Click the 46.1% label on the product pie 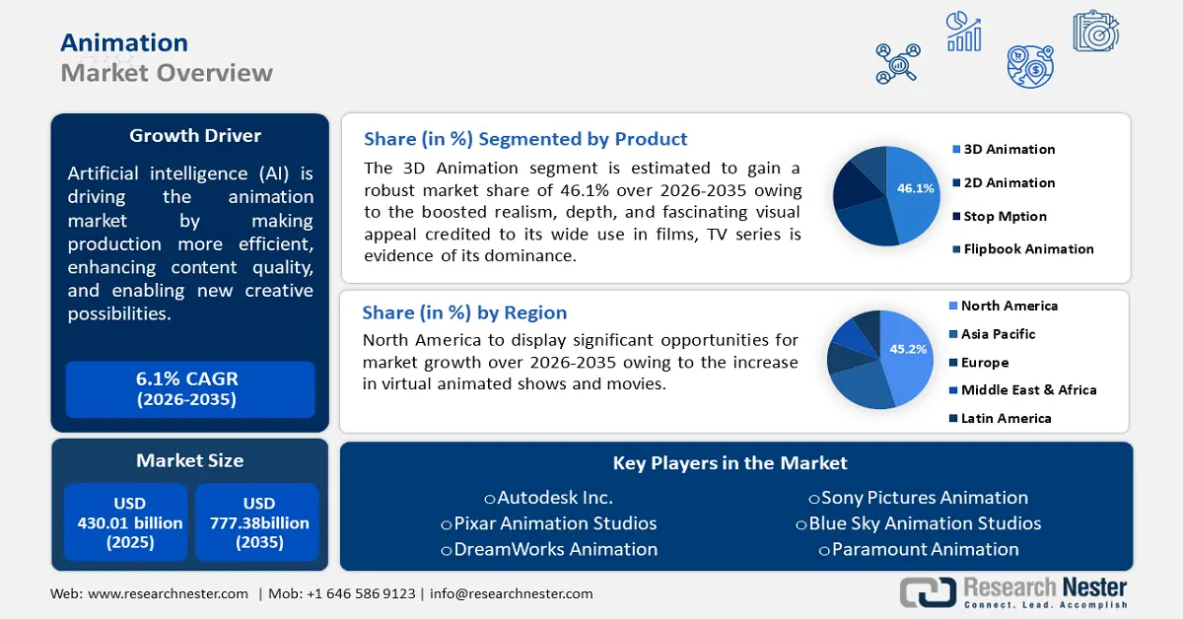915,188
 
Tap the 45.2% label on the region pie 908,349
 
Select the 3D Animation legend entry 1004,150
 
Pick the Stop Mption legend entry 1000,217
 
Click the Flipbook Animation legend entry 1023,249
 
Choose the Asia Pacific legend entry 993,334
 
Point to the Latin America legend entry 1001,418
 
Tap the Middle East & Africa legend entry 1023,390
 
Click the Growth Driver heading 195,136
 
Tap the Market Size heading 190,460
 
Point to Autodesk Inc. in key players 549,498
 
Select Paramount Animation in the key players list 919,549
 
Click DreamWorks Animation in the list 549,549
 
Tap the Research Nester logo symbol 928,591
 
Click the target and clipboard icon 1096,31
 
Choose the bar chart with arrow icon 964,32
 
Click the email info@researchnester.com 512,593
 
